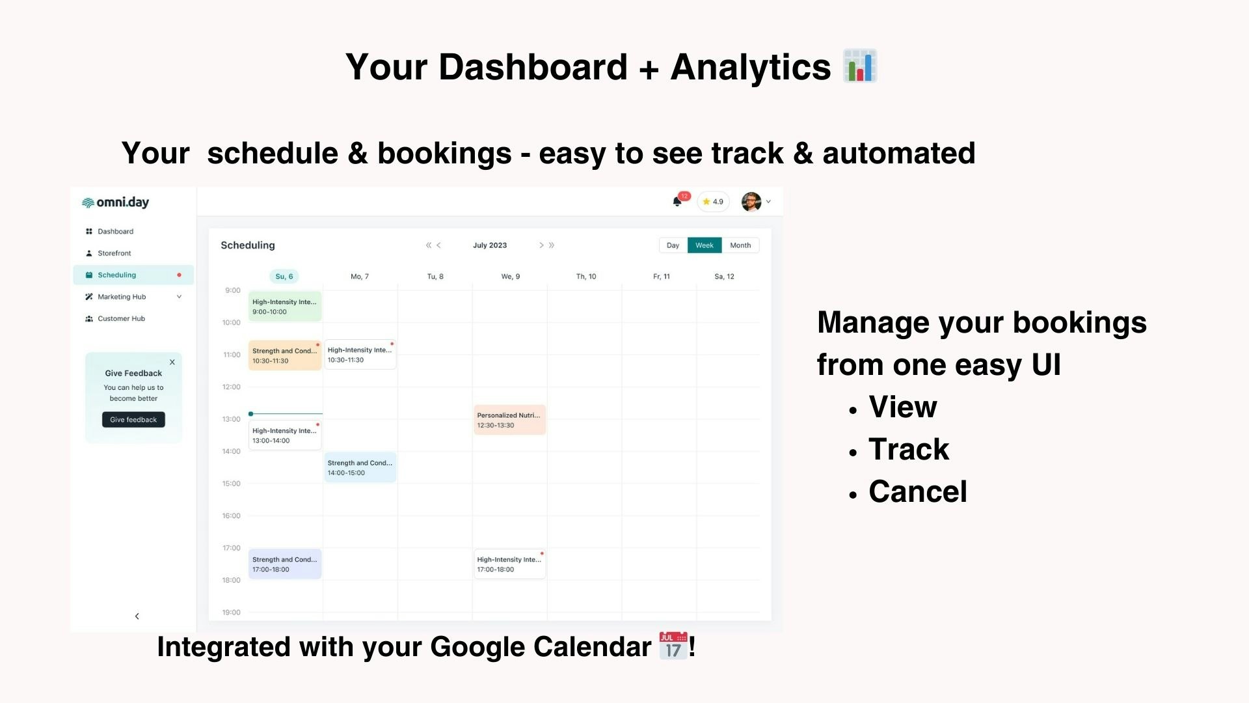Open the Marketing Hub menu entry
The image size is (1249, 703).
[x=122, y=297]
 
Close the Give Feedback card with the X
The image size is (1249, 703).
[x=172, y=362]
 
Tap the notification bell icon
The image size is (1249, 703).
[x=677, y=202]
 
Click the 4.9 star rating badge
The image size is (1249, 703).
[x=714, y=202]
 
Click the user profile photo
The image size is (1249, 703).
[x=751, y=202]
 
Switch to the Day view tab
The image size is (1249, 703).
[x=673, y=245]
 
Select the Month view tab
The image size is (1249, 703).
[x=740, y=245]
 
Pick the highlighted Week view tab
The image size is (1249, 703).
[x=705, y=245]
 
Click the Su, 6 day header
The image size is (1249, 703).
[x=284, y=277]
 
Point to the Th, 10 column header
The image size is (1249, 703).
[x=586, y=277]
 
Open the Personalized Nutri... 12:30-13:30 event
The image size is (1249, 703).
[x=510, y=420]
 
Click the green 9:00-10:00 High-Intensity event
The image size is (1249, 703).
[x=285, y=307]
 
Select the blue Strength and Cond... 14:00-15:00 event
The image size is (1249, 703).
[x=360, y=467]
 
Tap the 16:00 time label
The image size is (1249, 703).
[x=231, y=516]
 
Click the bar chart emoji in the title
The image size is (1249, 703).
[x=860, y=66]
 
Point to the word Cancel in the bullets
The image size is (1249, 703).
[x=918, y=491]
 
